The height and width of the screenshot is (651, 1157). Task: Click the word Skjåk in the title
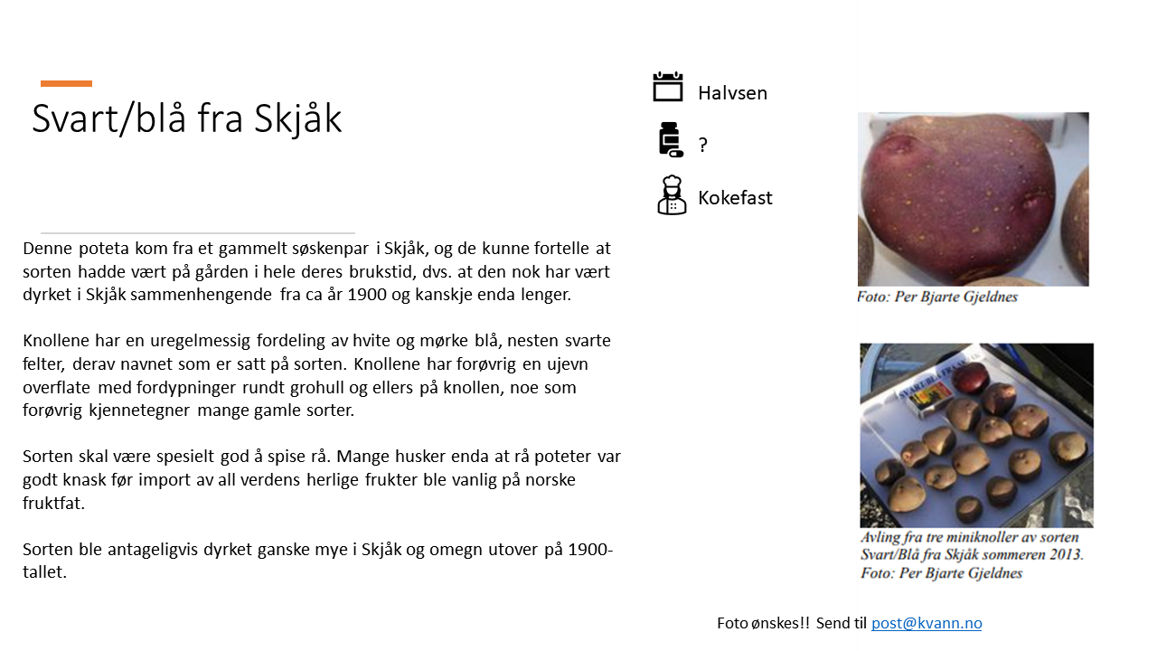coord(297,119)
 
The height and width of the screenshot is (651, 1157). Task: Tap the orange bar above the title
coord(66,83)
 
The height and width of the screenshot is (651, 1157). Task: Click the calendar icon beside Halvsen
coord(668,87)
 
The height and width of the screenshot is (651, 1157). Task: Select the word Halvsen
coord(732,93)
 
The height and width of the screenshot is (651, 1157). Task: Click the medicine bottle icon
coord(671,139)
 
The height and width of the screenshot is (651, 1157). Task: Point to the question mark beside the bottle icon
coord(703,145)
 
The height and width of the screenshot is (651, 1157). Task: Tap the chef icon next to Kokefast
coord(672,194)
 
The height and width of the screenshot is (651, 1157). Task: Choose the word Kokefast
coord(735,198)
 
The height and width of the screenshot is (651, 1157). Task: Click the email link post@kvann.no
coord(927,623)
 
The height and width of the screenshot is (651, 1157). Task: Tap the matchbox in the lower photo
coord(926,400)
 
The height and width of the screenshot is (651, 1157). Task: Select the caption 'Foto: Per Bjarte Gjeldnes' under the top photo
coord(937,297)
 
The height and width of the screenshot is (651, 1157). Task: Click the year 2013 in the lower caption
coord(1065,554)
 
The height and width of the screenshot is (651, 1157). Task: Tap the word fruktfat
coord(53,503)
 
